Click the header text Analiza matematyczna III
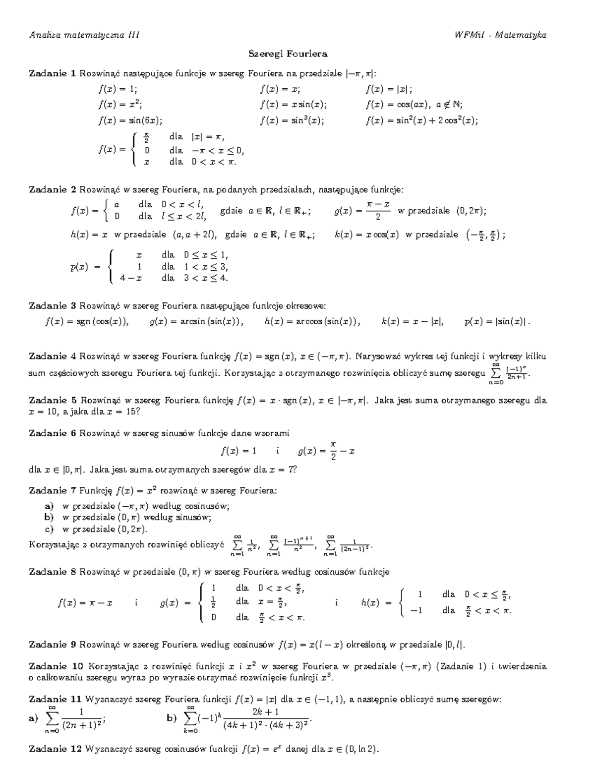click(x=84, y=35)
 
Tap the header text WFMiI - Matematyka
click(x=500, y=35)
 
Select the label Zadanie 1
click(x=52, y=74)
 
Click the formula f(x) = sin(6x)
click(x=130, y=120)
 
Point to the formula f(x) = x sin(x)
click(x=293, y=105)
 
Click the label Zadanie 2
click(x=52, y=190)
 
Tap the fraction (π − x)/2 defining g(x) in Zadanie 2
click(x=378, y=211)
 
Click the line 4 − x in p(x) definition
click(x=131, y=278)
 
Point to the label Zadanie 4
click(x=52, y=356)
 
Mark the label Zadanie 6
click(x=52, y=433)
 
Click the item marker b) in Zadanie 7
click(x=49, y=517)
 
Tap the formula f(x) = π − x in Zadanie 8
click(x=85, y=603)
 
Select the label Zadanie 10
click(x=55, y=666)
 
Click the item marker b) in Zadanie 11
click(x=172, y=718)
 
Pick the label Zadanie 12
click(x=55, y=749)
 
